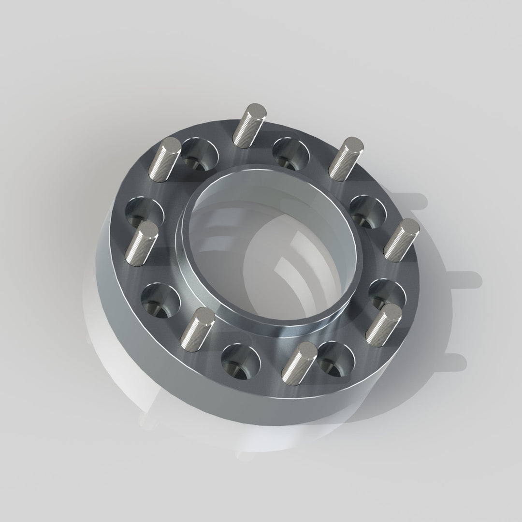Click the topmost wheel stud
pyautogui.click(x=248, y=125)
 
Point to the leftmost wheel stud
pyautogui.click(x=141, y=244)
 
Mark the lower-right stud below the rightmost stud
pyautogui.click(x=384, y=324)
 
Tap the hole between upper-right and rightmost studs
pyautogui.click(x=368, y=211)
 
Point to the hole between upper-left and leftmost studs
pyautogui.click(x=145, y=212)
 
